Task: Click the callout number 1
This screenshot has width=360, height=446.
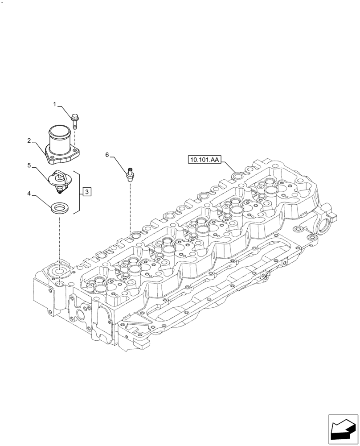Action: point(55,104)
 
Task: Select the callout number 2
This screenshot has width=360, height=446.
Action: point(29,140)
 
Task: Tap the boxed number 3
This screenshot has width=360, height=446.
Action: point(87,192)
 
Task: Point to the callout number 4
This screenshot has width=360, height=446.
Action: point(29,194)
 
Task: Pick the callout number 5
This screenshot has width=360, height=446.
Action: point(29,165)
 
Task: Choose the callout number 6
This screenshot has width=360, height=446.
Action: point(107,154)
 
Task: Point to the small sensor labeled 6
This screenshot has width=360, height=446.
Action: point(130,173)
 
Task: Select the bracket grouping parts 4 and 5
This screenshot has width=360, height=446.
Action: point(78,192)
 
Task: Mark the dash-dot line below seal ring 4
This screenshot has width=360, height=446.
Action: point(59,236)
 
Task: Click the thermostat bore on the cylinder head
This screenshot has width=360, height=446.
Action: point(59,271)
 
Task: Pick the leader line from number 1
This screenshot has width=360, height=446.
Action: point(64,110)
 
